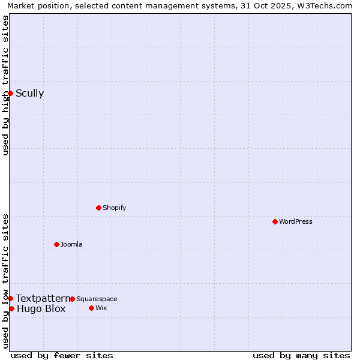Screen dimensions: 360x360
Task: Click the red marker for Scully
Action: (10, 93)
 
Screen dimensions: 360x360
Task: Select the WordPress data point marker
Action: (275, 221)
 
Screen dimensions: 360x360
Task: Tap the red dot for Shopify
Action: (98, 208)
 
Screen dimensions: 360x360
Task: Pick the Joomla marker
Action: (56, 244)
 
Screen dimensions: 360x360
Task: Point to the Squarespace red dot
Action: (72, 299)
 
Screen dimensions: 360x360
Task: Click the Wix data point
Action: (91, 308)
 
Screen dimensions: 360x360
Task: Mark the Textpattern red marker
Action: (10, 298)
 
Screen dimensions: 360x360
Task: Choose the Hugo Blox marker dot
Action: (11, 308)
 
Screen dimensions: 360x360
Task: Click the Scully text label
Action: (29, 93)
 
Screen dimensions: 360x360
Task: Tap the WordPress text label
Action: (296, 221)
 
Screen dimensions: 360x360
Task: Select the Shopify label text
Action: (114, 208)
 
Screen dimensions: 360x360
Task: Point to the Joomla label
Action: (71, 244)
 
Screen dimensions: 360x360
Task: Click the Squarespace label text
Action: (97, 299)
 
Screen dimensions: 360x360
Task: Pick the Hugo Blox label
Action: (41, 309)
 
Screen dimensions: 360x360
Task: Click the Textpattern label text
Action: (43, 298)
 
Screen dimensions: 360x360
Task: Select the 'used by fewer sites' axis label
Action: (62, 355)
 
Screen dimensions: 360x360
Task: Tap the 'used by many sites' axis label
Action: (301, 355)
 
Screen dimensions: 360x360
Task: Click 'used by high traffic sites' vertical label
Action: (5, 85)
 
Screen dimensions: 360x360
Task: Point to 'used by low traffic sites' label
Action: (5, 280)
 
